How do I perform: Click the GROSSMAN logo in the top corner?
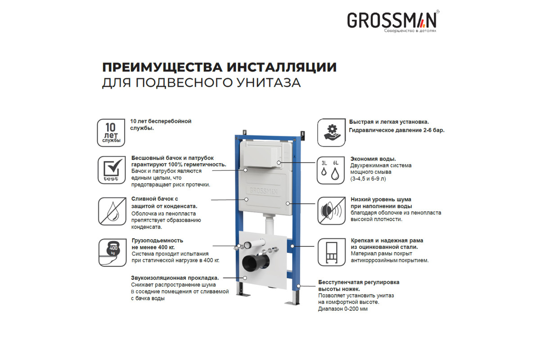393,21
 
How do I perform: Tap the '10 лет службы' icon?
111,133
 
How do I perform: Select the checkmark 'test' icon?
112,170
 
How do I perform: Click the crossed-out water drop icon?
112,211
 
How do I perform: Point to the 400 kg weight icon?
112,253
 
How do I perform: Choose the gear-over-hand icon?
331,133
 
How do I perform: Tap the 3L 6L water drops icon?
331,170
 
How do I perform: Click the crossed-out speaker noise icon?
332,211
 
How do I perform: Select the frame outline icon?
332,252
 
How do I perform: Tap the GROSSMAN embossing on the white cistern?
264,191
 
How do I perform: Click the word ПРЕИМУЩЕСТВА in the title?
162,67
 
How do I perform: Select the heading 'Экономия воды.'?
373,159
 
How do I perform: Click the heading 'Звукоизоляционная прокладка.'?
175,278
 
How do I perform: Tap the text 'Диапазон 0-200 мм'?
343,309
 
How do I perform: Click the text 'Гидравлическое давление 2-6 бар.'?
397,130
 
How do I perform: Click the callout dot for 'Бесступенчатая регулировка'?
298,286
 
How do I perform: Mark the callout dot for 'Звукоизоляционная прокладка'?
245,278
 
